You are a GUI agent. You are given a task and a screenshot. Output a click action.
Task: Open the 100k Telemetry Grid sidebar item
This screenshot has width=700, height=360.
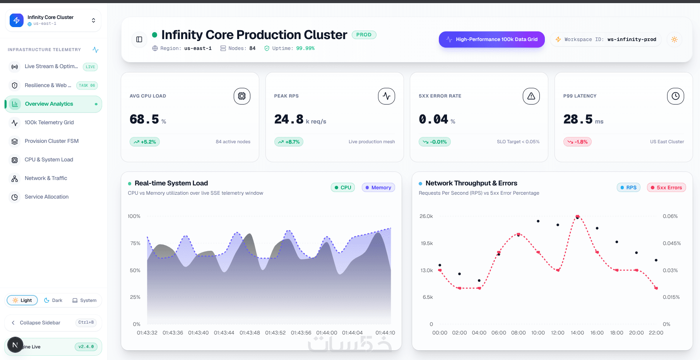pos(49,122)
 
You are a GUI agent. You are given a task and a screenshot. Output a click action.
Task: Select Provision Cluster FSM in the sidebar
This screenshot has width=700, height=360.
pos(51,141)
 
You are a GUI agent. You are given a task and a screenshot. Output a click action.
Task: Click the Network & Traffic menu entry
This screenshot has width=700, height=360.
pos(46,178)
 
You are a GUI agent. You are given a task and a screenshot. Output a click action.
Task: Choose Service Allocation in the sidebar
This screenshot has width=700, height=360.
pos(46,197)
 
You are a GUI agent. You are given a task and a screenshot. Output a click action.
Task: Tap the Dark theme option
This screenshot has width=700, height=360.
pos(53,300)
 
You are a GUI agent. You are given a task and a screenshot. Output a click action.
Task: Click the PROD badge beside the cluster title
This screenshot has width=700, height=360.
pos(364,35)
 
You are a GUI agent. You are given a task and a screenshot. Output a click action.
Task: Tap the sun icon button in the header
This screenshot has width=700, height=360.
pos(674,39)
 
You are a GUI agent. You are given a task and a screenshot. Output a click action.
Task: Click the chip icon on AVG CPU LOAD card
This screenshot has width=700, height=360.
pos(242,96)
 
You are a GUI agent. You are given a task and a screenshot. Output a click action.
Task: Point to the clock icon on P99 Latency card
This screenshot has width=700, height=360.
pos(676,96)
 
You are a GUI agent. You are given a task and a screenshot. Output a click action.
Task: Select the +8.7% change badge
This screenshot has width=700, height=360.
pos(289,142)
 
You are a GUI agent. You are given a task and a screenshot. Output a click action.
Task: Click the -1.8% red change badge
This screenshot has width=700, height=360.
pos(577,142)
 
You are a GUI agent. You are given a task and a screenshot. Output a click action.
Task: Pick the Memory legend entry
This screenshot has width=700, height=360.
pos(378,187)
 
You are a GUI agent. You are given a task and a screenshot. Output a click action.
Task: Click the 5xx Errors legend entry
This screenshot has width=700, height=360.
pos(666,187)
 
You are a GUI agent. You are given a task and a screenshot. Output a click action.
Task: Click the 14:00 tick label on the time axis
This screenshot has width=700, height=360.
pos(577,333)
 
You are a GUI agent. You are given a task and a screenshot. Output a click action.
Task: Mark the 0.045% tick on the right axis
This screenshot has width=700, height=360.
pos(672,243)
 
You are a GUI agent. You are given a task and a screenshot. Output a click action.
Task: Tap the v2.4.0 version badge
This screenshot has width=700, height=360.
pos(86,347)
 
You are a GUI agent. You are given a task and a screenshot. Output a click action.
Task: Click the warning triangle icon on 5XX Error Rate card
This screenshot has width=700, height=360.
pos(531,96)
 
